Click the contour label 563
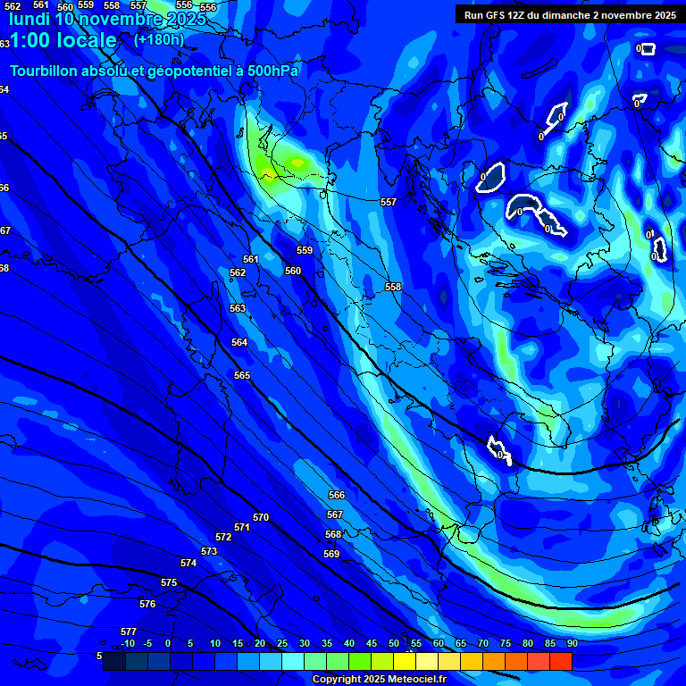click(238, 308)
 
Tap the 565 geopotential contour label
click(242, 376)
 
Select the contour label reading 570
click(261, 517)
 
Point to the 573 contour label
click(209, 551)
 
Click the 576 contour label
click(147, 605)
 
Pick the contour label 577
click(129, 632)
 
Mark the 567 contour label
click(335, 514)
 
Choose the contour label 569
click(331, 554)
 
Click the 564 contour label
click(239, 342)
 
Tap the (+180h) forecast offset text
click(159, 39)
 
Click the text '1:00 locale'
click(63, 40)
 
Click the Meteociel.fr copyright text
click(379, 679)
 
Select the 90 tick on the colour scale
click(572, 643)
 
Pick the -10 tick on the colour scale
click(128, 643)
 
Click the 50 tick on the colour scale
click(394, 643)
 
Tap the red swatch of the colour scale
click(560, 662)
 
